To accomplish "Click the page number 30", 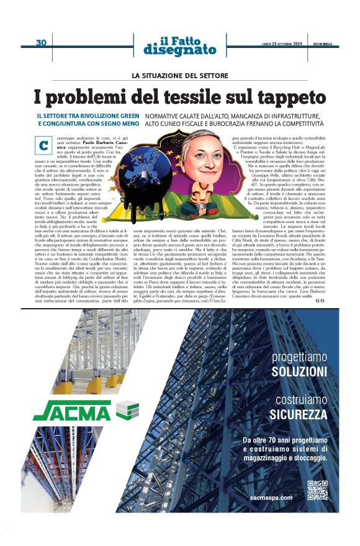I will (x=42, y=42).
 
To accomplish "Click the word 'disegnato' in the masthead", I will (x=170, y=49).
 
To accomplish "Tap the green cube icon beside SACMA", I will (x=129, y=411).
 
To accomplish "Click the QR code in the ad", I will (x=317, y=489).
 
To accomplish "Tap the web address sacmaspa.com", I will (x=269, y=498).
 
